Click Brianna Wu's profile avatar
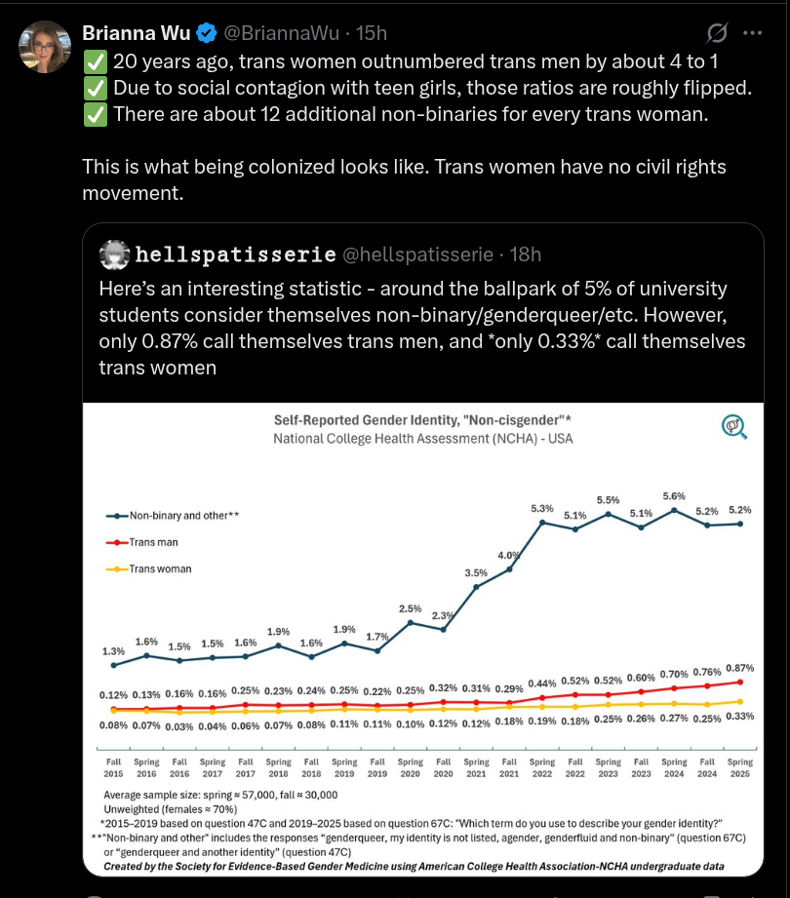(x=44, y=46)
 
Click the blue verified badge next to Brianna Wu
(x=207, y=34)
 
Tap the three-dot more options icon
(x=753, y=33)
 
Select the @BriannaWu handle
(x=282, y=34)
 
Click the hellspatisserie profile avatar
(x=115, y=254)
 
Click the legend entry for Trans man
(x=157, y=542)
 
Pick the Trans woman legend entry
(x=161, y=568)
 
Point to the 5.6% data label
(x=673, y=496)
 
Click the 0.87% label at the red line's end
(x=740, y=667)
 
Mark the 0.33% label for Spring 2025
(x=740, y=716)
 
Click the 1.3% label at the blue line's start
(x=114, y=651)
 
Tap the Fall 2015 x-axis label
(x=114, y=767)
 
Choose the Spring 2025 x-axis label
(x=739, y=767)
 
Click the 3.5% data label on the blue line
(x=476, y=572)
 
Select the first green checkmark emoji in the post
(x=95, y=61)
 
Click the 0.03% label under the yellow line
(x=179, y=725)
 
